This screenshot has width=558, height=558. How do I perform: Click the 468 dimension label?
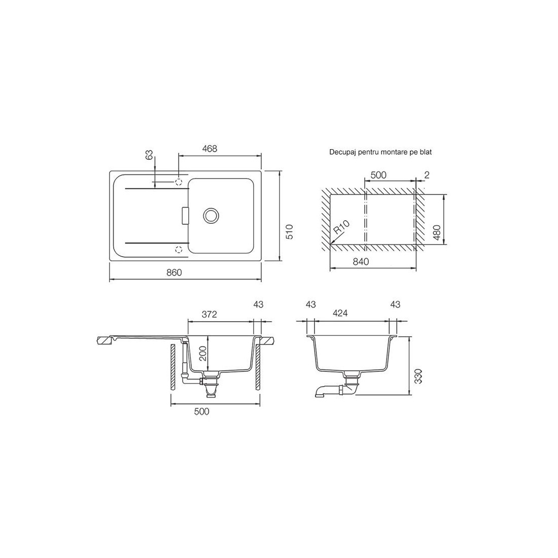pos(210,149)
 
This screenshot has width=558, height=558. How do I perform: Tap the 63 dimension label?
pos(150,155)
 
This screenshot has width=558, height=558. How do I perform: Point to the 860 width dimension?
pos(175,272)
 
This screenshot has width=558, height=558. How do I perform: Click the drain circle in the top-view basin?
pos(211,215)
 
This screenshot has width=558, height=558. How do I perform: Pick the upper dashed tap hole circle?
pos(179,182)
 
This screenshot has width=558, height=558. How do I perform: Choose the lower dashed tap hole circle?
pos(179,249)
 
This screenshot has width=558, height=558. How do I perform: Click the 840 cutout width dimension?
pos(361,262)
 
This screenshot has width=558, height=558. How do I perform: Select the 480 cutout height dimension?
pos(437,232)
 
